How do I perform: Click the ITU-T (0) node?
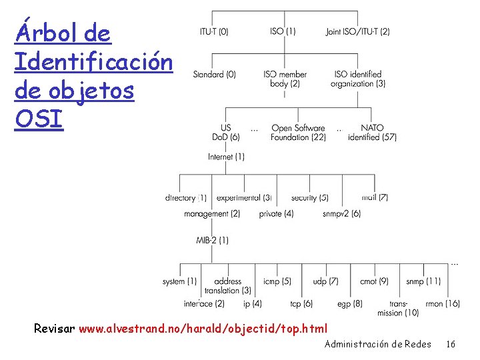214,31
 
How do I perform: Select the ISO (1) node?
283,31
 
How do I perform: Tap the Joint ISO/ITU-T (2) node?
358,31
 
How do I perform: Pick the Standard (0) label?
215,75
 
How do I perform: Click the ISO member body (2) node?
285,79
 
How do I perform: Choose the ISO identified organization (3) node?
358,79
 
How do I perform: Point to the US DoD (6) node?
225,133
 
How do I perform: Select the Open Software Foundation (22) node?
298,133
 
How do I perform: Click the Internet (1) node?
226,157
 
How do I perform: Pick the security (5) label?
309,198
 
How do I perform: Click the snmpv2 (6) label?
341,214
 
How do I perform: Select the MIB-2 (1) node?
213,240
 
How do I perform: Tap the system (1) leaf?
179,281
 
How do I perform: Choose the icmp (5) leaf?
277,281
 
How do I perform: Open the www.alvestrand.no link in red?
203,329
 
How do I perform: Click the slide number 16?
451,345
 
